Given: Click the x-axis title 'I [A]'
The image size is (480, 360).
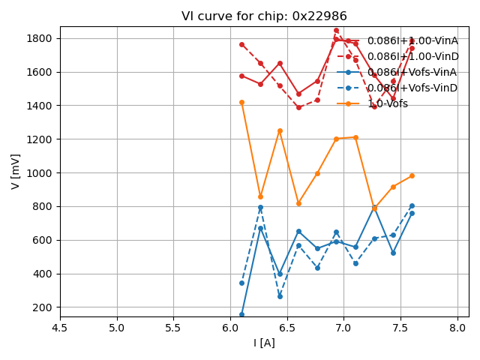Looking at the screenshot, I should (264, 343).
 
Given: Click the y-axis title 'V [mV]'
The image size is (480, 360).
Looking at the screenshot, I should (16, 171).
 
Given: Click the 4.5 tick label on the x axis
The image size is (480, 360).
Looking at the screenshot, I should (60, 328).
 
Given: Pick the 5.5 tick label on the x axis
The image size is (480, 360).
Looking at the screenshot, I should (173, 328).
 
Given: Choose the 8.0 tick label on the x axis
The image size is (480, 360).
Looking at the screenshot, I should (457, 328).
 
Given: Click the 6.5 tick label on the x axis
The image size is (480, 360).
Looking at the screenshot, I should (287, 328).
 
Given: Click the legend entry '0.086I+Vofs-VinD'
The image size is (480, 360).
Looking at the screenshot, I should (412, 88).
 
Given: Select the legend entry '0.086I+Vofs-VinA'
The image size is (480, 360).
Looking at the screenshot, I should (412, 72).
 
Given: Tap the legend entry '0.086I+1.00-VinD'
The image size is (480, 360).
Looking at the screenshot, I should (412, 56).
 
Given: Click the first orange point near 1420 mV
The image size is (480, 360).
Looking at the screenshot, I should (241, 102).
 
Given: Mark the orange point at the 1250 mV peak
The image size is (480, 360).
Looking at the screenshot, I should (280, 130).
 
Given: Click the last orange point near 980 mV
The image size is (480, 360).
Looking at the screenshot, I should (412, 175).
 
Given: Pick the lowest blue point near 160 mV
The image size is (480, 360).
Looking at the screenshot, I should (241, 314).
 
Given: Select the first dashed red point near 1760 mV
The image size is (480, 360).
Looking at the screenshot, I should (241, 44).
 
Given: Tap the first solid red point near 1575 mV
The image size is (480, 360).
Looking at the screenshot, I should (241, 76).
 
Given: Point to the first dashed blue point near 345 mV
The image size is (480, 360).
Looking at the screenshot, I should (241, 283).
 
